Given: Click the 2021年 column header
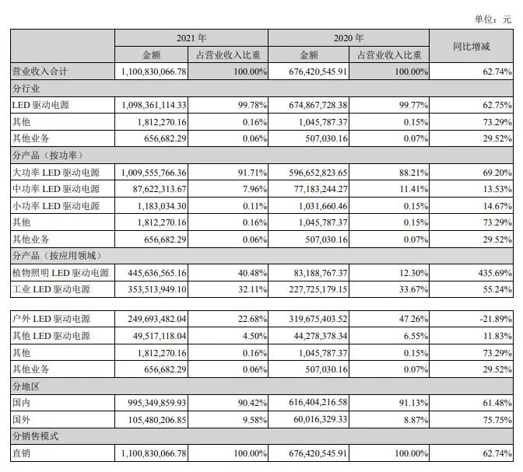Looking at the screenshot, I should coord(191,37).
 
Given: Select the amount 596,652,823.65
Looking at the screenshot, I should coord(310,171).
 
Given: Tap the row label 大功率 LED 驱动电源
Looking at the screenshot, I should coord(56,171).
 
